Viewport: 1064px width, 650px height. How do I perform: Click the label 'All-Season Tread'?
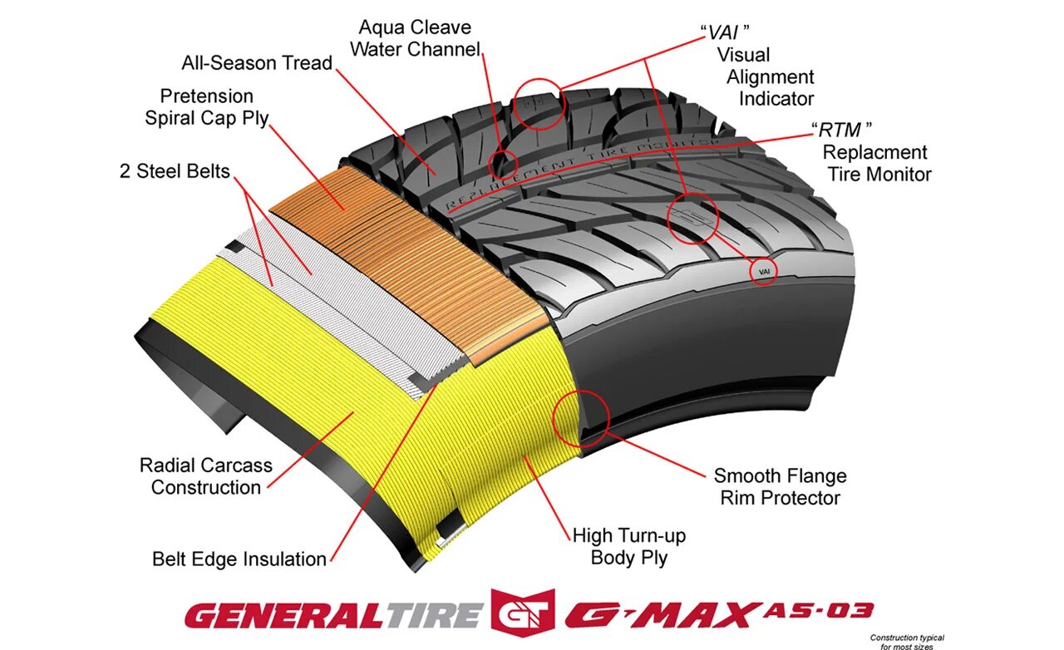(257, 63)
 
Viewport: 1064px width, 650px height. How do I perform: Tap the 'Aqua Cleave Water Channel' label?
(415, 39)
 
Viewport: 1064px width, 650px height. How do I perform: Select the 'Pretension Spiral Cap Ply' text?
(207, 107)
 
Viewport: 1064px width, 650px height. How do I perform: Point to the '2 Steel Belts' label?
(174, 172)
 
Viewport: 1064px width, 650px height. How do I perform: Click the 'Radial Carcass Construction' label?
(205, 476)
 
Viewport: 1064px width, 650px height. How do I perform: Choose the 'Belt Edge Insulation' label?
(239, 559)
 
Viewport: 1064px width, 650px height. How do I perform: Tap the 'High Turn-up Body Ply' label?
(629, 546)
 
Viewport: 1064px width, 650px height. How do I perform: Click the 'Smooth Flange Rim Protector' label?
(780, 487)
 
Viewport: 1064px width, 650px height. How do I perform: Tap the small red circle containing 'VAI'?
(764, 272)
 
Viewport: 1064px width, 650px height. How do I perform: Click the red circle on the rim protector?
(581, 417)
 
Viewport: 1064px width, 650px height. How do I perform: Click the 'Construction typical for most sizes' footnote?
(907, 642)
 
